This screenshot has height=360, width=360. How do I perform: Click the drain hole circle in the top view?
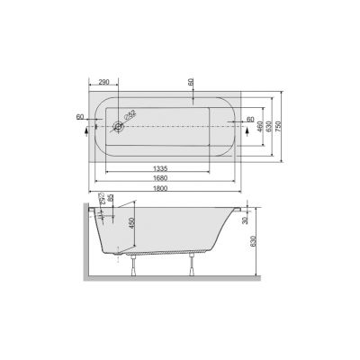[117, 127]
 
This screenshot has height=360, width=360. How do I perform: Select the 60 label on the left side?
[82, 116]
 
